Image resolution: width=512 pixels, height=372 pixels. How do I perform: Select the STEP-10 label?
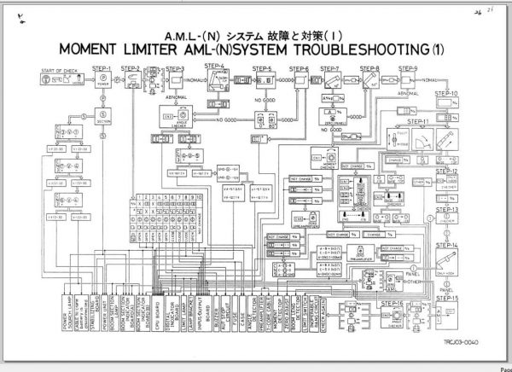tap(447, 94)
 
